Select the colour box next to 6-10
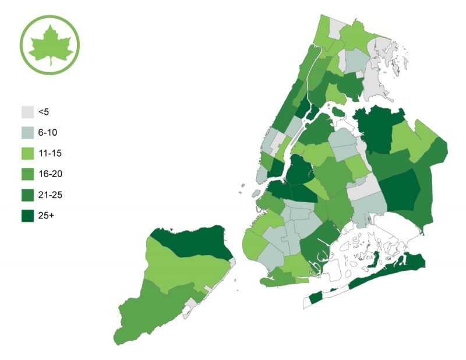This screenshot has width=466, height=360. (x=27, y=133)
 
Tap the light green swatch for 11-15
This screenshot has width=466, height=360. (x=27, y=154)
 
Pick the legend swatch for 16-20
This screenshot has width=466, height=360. (x=27, y=174)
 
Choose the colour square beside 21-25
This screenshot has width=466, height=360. (x=27, y=195)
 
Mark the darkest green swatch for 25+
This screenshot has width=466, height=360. (x=27, y=216)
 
